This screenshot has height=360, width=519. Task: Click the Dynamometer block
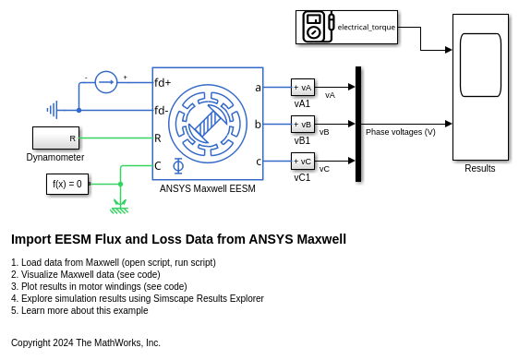[x=55, y=138]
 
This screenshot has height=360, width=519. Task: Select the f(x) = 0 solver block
[x=67, y=184]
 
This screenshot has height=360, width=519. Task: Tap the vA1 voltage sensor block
[x=303, y=88]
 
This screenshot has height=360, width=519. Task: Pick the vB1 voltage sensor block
[x=303, y=124]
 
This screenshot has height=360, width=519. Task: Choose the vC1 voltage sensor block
[x=303, y=162]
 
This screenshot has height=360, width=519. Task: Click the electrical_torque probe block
[x=346, y=27]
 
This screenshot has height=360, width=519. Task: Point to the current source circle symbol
[x=106, y=82]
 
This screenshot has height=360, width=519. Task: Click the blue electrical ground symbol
[x=53, y=110]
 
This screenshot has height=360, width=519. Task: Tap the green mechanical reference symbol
[x=119, y=207]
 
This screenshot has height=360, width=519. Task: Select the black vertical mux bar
[x=358, y=124]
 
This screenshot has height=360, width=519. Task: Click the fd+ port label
[x=163, y=83]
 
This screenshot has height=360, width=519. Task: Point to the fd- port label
[x=162, y=110]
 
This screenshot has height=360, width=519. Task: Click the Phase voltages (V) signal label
[x=401, y=132]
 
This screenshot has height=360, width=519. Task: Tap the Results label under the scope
[x=480, y=168]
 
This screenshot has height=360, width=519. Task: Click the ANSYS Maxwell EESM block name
[x=208, y=188]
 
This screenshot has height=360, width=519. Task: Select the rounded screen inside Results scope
[x=480, y=65]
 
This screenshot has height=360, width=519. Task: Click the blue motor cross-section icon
[x=208, y=124]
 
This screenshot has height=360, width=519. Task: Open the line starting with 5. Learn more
[x=79, y=311]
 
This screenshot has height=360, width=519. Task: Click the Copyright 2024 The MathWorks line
[x=86, y=342]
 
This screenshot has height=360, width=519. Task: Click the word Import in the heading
[x=31, y=239]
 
